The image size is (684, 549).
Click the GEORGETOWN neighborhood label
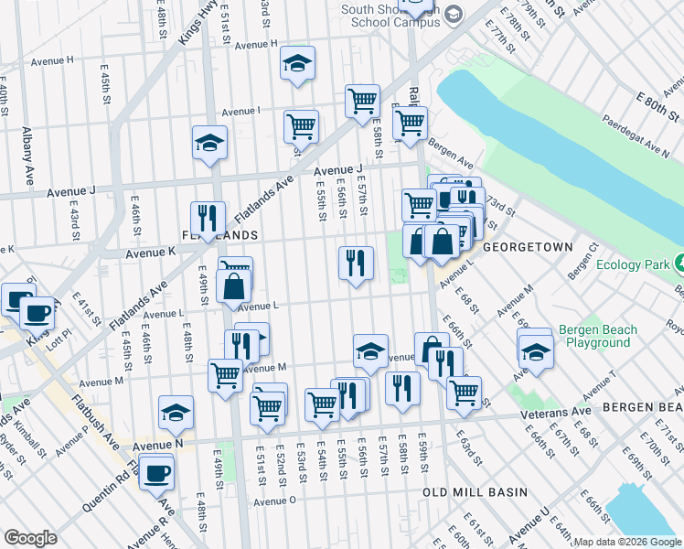[x=528, y=247]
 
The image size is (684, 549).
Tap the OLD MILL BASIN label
[x=475, y=492]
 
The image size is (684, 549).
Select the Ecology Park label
[x=633, y=264]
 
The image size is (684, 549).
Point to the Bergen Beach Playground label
[x=594, y=336]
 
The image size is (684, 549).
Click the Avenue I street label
[x=241, y=111]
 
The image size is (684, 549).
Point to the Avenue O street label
[x=275, y=501]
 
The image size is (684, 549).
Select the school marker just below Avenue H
[x=297, y=63]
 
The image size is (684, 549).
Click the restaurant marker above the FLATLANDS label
[x=208, y=218]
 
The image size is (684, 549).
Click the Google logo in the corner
[x=30, y=538]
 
